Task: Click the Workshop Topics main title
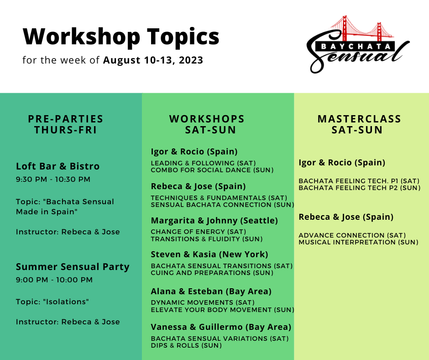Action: (121, 37)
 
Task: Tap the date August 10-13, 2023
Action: (153, 60)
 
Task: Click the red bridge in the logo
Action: (362, 28)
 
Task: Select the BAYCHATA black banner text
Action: (356, 46)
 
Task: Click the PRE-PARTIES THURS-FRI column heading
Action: (66, 124)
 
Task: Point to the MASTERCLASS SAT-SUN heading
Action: (359, 124)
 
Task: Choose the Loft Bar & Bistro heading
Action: (58, 166)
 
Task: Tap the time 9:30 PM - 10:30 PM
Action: (53, 180)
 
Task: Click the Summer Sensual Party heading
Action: (73, 267)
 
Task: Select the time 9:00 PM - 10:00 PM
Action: (54, 280)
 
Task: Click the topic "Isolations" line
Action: (52, 302)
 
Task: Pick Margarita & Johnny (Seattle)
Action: (214, 221)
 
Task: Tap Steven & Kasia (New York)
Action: (209, 254)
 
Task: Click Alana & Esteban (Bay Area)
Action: (211, 291)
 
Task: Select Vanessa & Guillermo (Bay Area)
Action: (221, 327)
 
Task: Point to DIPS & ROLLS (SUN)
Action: (186, 345)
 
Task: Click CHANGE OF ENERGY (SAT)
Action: (199, 232)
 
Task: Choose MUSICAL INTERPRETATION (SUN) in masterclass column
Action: (358, 243)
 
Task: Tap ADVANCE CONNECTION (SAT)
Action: (352, 235)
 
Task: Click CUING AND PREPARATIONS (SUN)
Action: (212, 273)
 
